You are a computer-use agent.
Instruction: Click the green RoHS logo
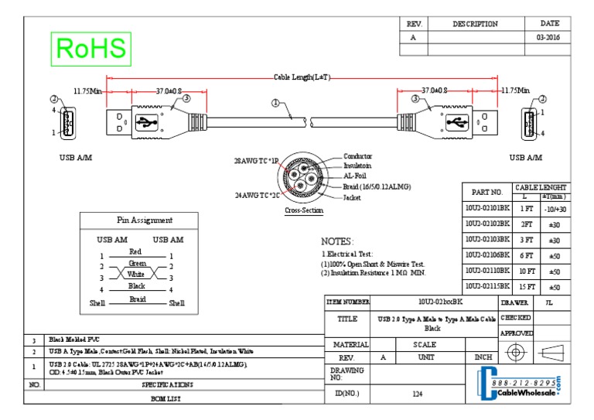pyautogui.click(x=90, y=49)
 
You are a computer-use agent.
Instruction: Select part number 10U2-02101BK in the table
pyautogui.click(x=487, y=208)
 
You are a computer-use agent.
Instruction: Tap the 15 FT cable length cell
pyautogui.click(x=526, y=287)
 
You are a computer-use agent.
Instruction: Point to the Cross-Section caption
pyautogui.click(x=304, y=210)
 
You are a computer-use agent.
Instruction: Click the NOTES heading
pyautogui.click(x=337, y=241)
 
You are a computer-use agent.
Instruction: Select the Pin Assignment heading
pyautogui.click(x=145, y=220)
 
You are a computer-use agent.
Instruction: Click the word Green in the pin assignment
pyautogui.click(x=137, y=264)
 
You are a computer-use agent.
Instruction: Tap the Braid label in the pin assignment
pyautogui.click(x=137, y=299)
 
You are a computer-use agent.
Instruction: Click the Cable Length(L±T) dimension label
pyautogui.click(x=302, y=77)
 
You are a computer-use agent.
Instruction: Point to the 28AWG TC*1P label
pyautogui.click(x=256, y=162)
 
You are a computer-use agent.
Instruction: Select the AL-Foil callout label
pyautogui.click(x=356, y=176)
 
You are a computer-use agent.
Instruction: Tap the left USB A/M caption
pyautogui.click(x=76, y=157)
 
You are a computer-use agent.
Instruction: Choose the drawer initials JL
pyautogui.click(x=549, y=302)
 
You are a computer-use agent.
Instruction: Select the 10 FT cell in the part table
pyautogui.click(x=526, y=271)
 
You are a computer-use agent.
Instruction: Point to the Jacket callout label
pyautogui.click(x=352, y=197)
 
